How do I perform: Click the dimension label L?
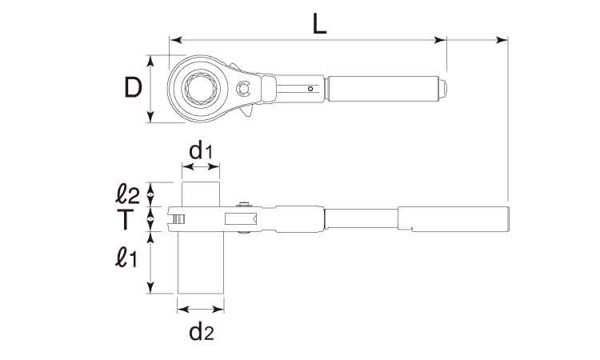pyautogui.click(x=319, y=24)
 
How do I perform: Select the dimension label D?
pyautogui.click(x=133, y=87)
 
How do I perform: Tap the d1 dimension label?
pyautogui.click(x=200, y=151)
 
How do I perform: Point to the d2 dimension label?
pyautogui.click(x=202, y=332)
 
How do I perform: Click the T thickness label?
pyautogui.click(x=125, y=219)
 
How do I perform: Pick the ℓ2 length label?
pyautogui.click(x=127, y=194)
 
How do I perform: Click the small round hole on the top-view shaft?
pyautogui.click(x=310, y=89)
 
